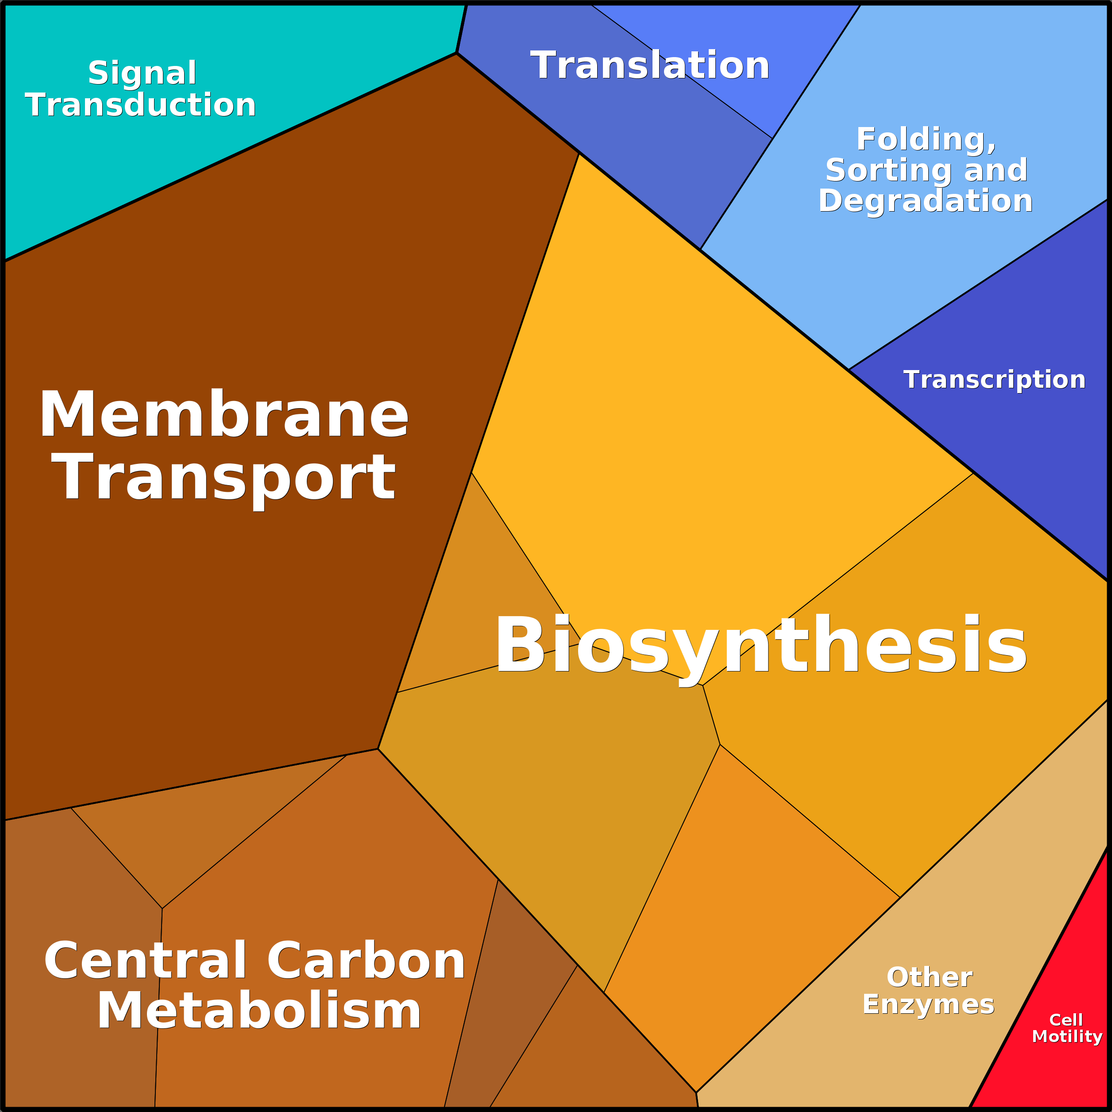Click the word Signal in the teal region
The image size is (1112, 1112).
[142, 73]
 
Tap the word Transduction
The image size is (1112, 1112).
[140, 105]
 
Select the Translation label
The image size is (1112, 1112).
[649, 65]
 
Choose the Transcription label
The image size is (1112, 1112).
[994, 380]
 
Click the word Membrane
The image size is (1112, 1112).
[223, 415]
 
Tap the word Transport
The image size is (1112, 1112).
[223, 478]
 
